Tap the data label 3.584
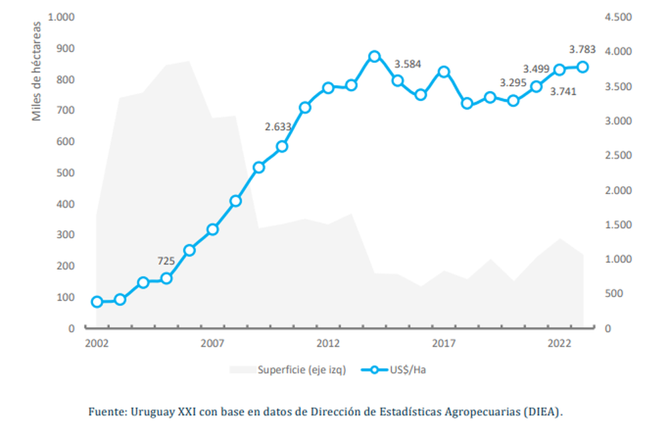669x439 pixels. coord(407,64)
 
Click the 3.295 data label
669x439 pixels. coord(514,84)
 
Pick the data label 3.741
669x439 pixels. coord(563,91)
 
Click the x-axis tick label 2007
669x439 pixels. coord(212,343)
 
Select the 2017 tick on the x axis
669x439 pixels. coord(444,343)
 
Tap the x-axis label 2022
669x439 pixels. coord(559,343)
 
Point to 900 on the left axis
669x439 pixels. coord(66,48)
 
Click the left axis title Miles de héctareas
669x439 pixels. coord(37,72)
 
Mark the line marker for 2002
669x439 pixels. coord(97,302)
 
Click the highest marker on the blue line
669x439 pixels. coord(375,57)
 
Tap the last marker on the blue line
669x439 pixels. coord(583,67)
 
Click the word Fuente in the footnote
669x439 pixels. coord(106,412)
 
